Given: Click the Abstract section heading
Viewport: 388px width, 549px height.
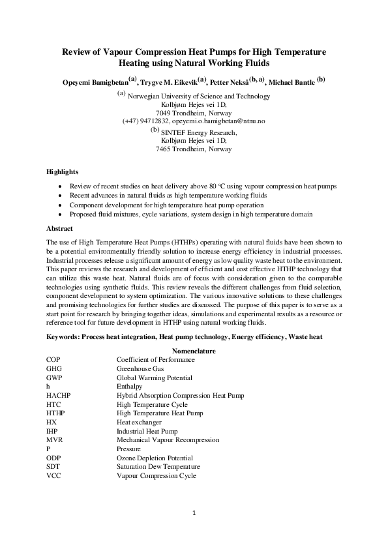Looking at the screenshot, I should (x=59, y=229).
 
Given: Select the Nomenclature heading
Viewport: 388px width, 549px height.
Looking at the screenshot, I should (x=194, y=350).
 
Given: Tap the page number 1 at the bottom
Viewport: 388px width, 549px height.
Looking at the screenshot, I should (x=194, y=513).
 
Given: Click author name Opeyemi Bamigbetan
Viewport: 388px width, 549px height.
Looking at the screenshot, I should (x=87, y=81).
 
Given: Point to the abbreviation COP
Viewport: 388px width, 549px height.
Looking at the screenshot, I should (x=53, y=359).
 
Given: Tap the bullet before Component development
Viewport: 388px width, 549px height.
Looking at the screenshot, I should (x=61, y=205).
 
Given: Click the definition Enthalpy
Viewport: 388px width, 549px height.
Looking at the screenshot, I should (x=129, y=387).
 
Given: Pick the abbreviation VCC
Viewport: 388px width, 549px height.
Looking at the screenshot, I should (x=53, y=476).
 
